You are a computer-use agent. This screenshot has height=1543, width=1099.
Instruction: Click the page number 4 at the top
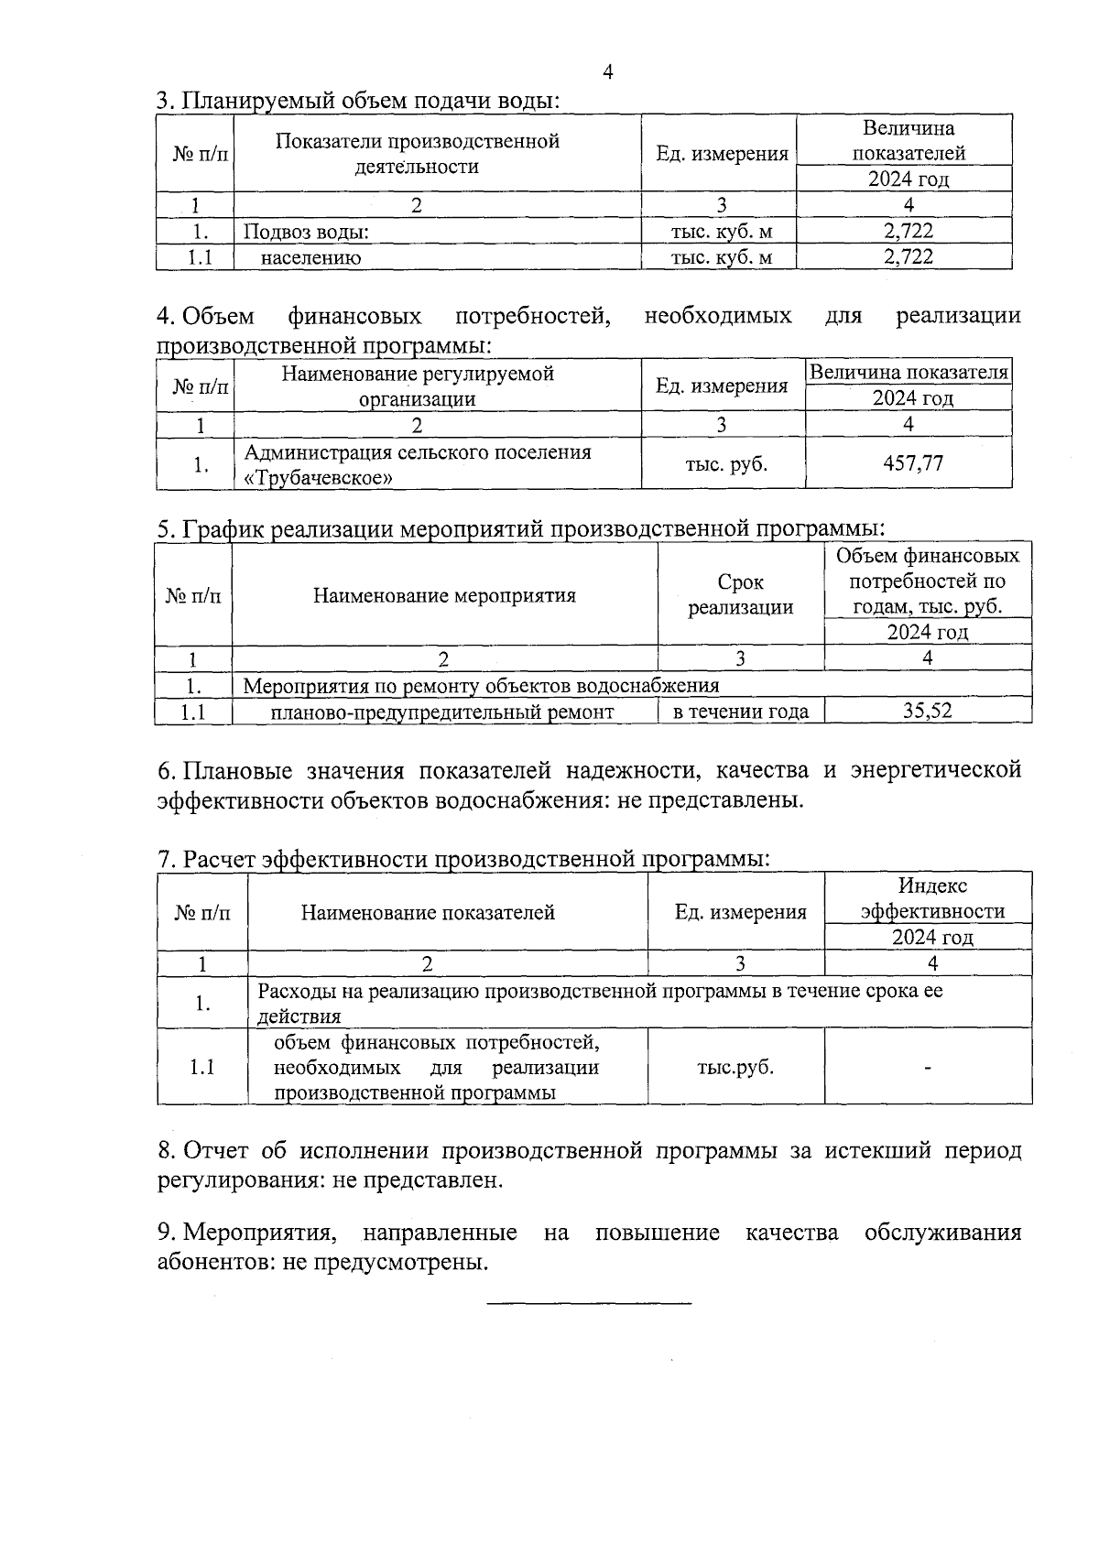608,73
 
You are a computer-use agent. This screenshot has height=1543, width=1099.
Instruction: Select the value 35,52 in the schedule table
928,711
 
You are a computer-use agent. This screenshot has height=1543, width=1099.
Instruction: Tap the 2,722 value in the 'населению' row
909,257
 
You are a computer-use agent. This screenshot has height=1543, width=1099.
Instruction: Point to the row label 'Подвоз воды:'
307,233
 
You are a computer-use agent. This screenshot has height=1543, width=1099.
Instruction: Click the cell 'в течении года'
740,712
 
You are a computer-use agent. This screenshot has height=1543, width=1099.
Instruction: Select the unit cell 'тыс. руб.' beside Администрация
726,464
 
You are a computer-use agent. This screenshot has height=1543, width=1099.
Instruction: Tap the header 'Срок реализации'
740,595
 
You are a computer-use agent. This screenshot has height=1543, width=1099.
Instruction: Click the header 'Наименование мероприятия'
444,596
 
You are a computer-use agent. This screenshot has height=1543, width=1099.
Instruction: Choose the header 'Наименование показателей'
428,912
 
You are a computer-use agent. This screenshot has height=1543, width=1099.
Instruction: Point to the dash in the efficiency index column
928,1068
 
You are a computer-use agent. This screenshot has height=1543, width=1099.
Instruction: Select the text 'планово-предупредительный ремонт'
443,712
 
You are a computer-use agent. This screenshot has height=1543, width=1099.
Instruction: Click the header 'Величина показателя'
909,373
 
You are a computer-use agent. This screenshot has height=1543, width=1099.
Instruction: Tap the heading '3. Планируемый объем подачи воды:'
358,101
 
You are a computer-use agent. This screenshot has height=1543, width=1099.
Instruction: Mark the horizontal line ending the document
589,1302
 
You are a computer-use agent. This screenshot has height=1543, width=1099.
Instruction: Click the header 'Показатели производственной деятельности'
417,154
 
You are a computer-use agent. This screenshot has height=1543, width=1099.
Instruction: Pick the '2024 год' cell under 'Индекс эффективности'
932,937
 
